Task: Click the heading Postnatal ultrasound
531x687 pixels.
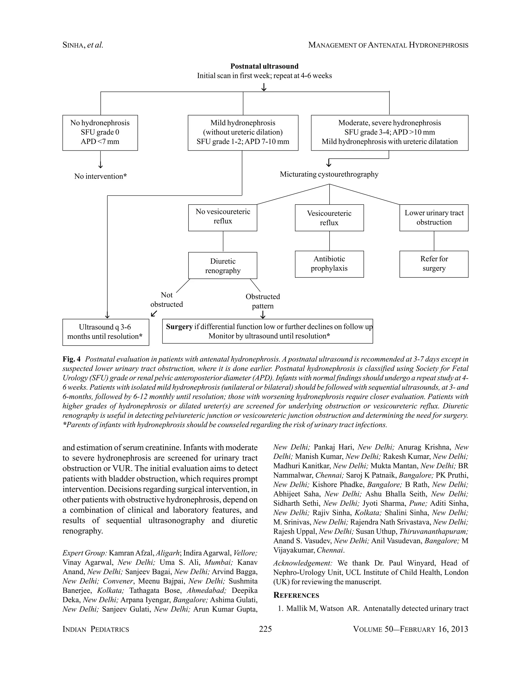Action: click(264, 66)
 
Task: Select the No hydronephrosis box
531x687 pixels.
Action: click(100, 132)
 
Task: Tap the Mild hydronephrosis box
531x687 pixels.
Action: click(243, 132)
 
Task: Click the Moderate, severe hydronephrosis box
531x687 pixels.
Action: click(389, 132)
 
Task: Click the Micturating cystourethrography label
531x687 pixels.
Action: click(329, 174)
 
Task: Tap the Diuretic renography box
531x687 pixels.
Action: click(223, 265)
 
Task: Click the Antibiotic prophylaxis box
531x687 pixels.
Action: click(329, 264)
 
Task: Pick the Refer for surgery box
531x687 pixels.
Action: click(434, 264)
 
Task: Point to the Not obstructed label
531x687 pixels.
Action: click(166, 299)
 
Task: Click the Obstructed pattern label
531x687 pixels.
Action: click(263, 301)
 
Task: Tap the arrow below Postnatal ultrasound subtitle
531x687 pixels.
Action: click(264, 87)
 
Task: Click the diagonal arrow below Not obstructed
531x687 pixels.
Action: click(154, 314)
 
